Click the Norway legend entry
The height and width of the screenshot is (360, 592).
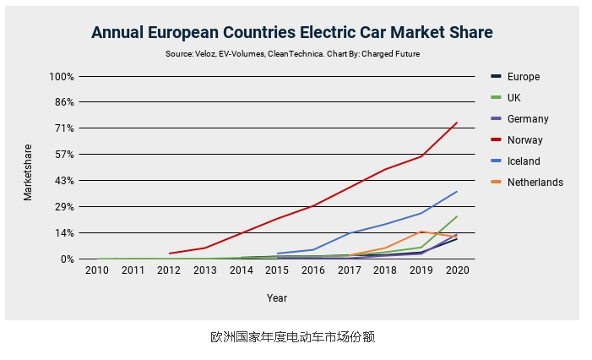click(x=524, y=140)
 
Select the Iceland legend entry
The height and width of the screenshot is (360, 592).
click(x=524, y=161)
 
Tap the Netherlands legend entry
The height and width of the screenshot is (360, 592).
click(x=535, y=183)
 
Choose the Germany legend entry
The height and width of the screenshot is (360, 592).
click(x=528, y=119)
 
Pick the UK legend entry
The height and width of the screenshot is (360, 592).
click(x=514, y=98)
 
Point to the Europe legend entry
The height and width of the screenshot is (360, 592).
click(x=523, y=77)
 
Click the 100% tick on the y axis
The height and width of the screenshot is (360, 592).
click(x=61, y=76)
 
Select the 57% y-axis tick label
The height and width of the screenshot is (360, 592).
click(x=64, y=155)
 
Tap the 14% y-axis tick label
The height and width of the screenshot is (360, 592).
click(x=64, y=233)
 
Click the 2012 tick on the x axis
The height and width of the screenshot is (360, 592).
click(x=169, y=270)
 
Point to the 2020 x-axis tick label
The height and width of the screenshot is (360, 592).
click(x=457, y=270)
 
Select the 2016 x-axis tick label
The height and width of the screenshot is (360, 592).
click(x=313, y=270)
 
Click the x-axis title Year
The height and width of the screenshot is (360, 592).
click(x=277, y=298)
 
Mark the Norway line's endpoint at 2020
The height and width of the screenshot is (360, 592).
click(x=457, y=123)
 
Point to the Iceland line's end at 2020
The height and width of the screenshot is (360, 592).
click(x=457, y=191)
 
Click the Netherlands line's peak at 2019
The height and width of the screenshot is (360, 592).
click(x=421, y=232)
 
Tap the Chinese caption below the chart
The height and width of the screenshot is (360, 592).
click(x=292, y=337)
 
